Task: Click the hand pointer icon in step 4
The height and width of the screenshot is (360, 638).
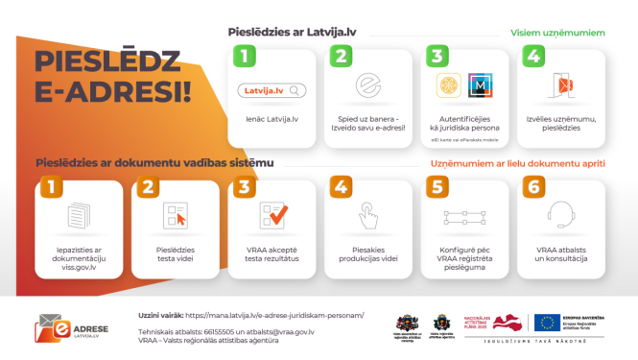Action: click(368, 213)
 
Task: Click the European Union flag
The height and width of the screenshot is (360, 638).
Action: click(549, 324)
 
